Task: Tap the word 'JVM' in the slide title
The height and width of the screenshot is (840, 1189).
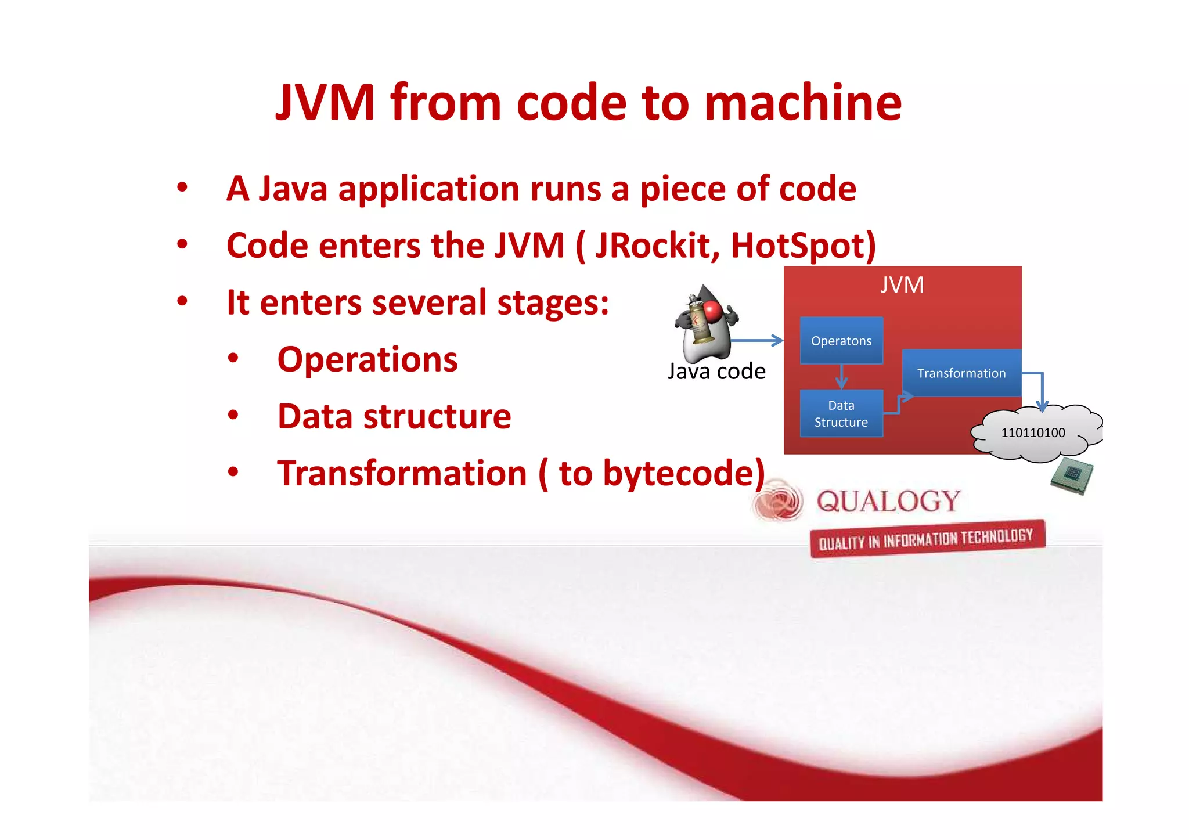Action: tap(325, 103)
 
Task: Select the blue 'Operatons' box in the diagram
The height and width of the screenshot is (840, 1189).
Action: tap(841, 341)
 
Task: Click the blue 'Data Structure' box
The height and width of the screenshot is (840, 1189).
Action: tap(841, 413)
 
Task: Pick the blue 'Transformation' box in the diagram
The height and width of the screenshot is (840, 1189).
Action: tap(961, 373)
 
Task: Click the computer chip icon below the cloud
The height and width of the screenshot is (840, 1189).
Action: tap(1072, 476)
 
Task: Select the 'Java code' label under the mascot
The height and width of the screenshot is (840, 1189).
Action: tap(716, 372)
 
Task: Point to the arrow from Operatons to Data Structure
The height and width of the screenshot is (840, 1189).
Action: tap(841, 377)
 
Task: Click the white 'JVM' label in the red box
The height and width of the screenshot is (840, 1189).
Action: tap(902, 285)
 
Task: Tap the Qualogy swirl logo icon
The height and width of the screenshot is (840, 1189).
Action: tap(778, 500)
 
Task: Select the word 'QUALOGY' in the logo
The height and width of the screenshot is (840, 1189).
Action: tap(888, 501)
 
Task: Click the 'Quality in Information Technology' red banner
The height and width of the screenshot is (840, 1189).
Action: tap(927, 539)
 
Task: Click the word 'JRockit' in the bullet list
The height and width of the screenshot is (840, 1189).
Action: tap(653, 246)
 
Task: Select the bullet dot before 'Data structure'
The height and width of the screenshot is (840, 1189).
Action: tap(233, 416)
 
